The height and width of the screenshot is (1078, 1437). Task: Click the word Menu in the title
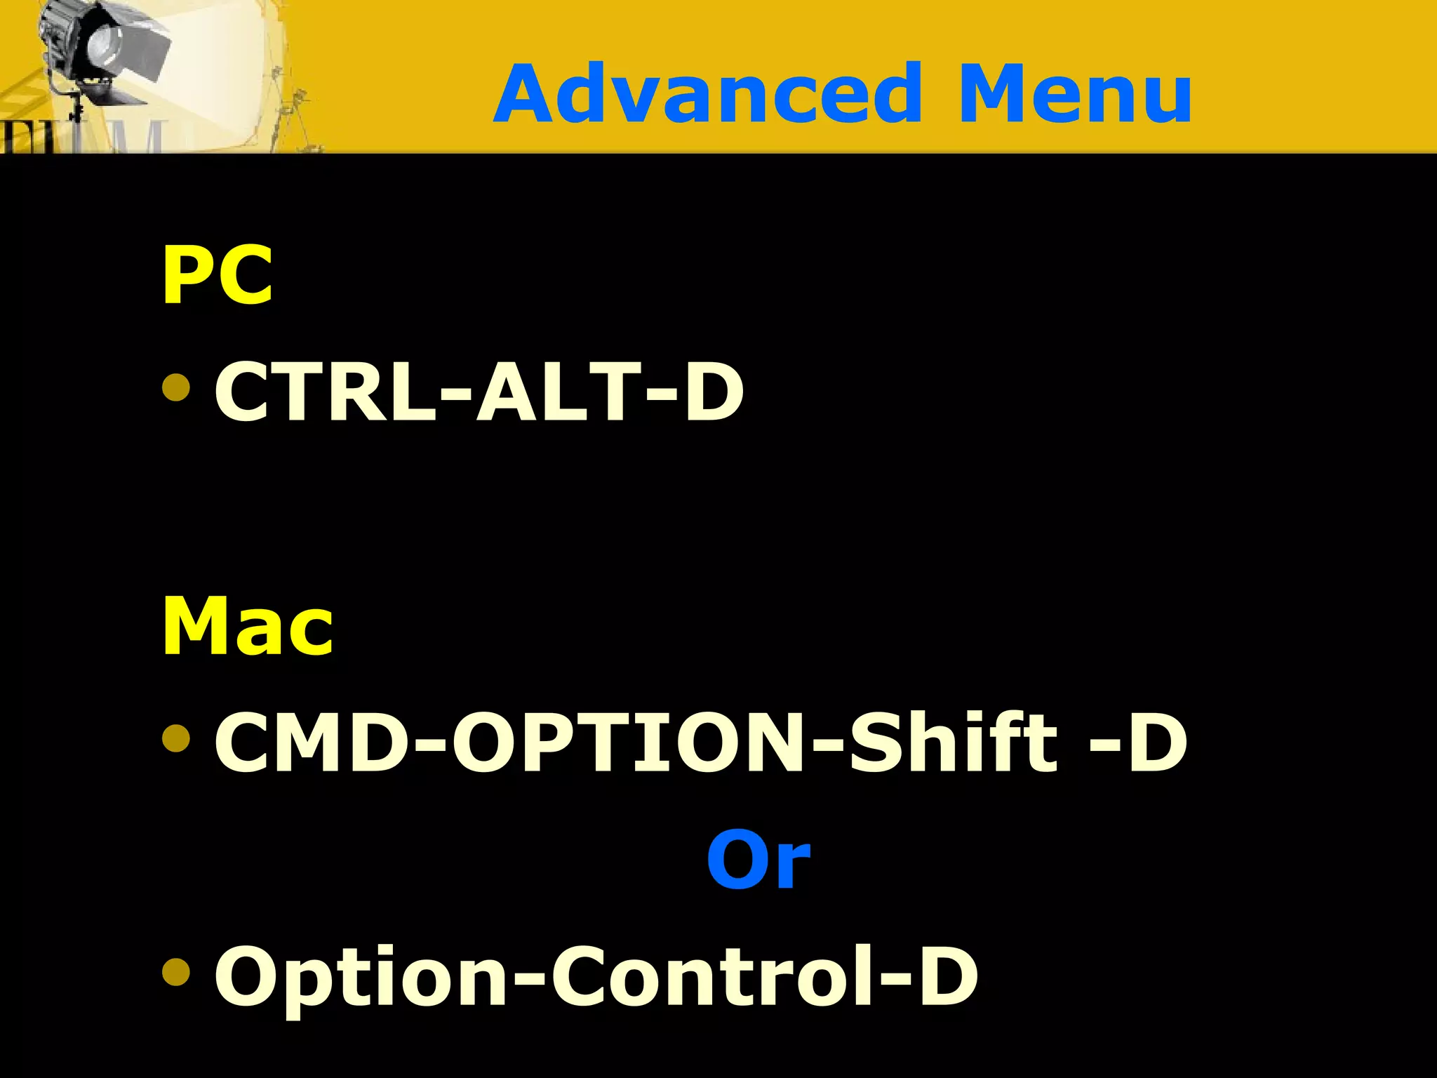pos(1074,94)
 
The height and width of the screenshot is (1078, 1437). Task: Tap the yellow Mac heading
pos(248,626)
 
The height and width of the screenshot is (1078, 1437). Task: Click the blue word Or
pos(758,860)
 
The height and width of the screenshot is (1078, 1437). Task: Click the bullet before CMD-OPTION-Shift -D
pos(175,738)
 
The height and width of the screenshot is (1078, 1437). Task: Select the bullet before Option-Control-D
pos(175,972)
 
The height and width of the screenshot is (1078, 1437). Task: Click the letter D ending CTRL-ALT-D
pos(714,392)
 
